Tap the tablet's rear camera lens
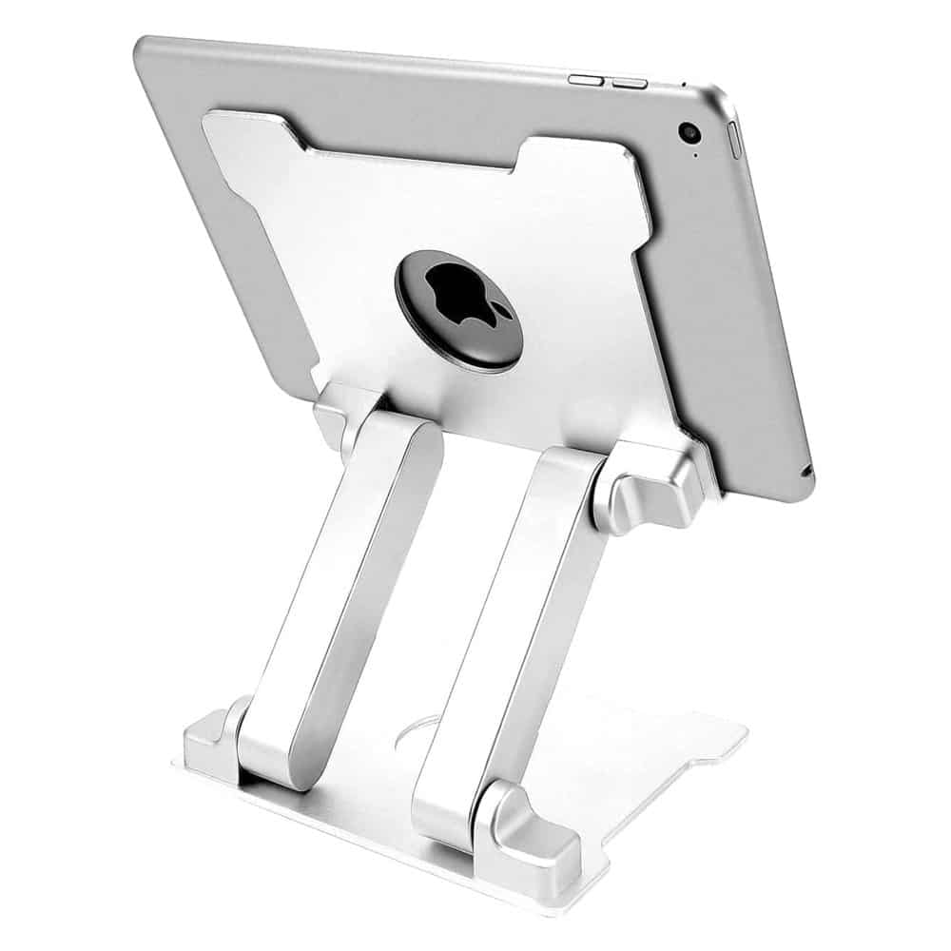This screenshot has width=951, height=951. pos(687,133)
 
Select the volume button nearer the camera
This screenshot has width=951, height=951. pos(630,83)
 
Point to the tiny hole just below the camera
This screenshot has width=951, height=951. pos(696,155)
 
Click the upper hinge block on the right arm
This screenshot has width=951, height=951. pos(647,495)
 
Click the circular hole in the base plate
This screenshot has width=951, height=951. pos(415,732)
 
